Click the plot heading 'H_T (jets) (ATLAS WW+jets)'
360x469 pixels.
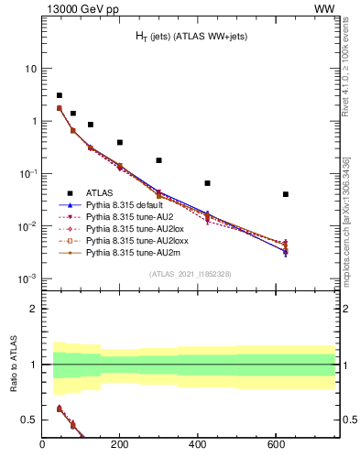[191, 36]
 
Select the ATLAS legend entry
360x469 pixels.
[99, 193]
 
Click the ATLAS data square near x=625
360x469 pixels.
[286, 194]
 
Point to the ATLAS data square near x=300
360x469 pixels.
[159, 160]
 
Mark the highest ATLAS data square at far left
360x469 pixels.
[60, 95]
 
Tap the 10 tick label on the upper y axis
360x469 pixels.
[30, 69]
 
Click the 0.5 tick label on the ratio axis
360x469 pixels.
[29, 420]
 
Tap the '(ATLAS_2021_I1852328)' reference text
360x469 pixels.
[191, 274]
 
